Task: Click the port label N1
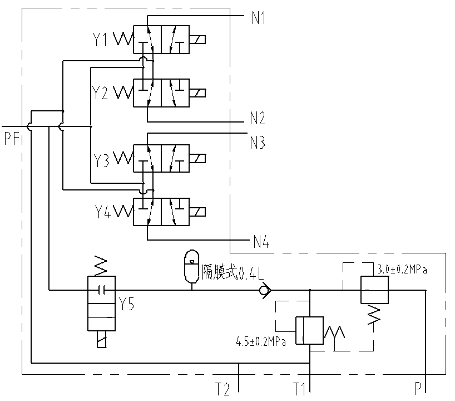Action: click(259, 18)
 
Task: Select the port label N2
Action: click(257, 118)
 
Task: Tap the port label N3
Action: click(257, 143)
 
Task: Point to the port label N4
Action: click(261, 242)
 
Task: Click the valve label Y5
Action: click(127, 304)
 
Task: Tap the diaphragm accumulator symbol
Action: click(191, 262)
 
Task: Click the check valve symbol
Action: click(264, 290)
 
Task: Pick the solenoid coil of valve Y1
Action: click(197, 40)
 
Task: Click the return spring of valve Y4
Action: click(123, 212)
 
